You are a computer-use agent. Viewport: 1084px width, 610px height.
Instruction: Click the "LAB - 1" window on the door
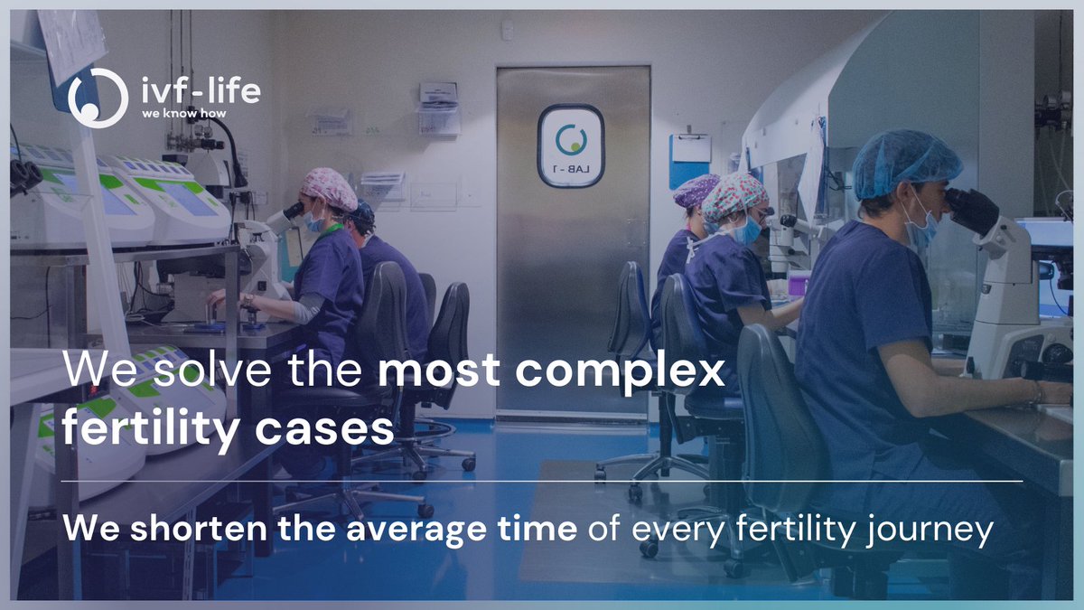click(570, 145)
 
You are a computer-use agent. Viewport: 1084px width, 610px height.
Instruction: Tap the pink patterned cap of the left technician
click(329, 188)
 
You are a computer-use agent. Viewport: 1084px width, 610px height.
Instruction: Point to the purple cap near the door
click(696, 191)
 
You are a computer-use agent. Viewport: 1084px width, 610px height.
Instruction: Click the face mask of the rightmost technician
click(919, 225)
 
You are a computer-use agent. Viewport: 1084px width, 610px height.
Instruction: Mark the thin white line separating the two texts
click(542, 482)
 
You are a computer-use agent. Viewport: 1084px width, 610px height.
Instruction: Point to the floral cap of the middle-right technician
click(734, 197)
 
